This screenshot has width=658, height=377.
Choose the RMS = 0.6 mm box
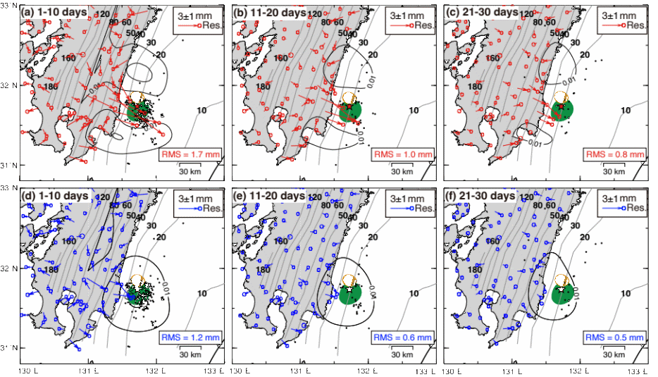coord(403,337)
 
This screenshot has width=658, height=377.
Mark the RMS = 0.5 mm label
coord(614,337)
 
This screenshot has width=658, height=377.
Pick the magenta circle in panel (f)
coord(561,280)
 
